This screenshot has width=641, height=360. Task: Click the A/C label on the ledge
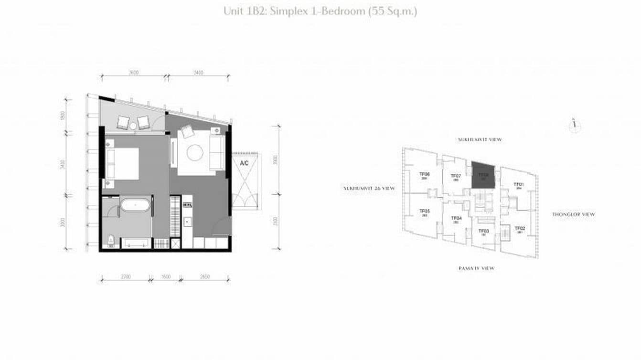click(x=244, y=163)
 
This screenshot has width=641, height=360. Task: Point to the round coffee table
click(x=195, y=153)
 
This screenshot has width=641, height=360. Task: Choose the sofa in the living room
click(x=217, y=152)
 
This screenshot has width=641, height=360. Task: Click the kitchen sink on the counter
click(x=187, y=221)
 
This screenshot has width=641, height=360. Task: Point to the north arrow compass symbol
click(x=575, y=125)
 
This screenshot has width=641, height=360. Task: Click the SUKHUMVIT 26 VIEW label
click(x=369, y=189)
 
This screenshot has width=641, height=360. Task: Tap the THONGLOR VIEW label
click(x=573, y=214)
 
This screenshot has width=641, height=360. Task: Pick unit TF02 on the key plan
click(x=519, y=230)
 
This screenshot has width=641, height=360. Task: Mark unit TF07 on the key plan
click(x=456, y=177)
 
